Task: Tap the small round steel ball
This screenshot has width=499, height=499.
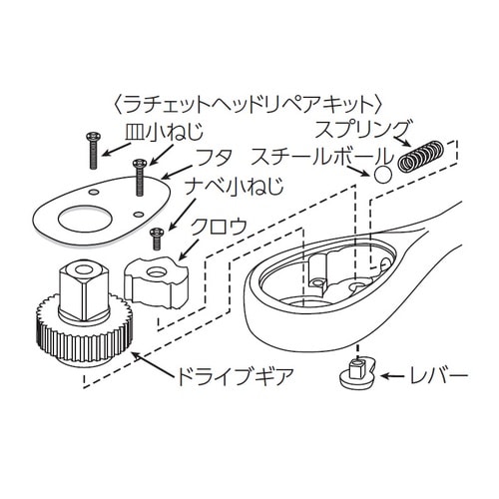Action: [x=383, y=175]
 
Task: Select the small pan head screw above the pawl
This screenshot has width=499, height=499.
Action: [x=155, y=240]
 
